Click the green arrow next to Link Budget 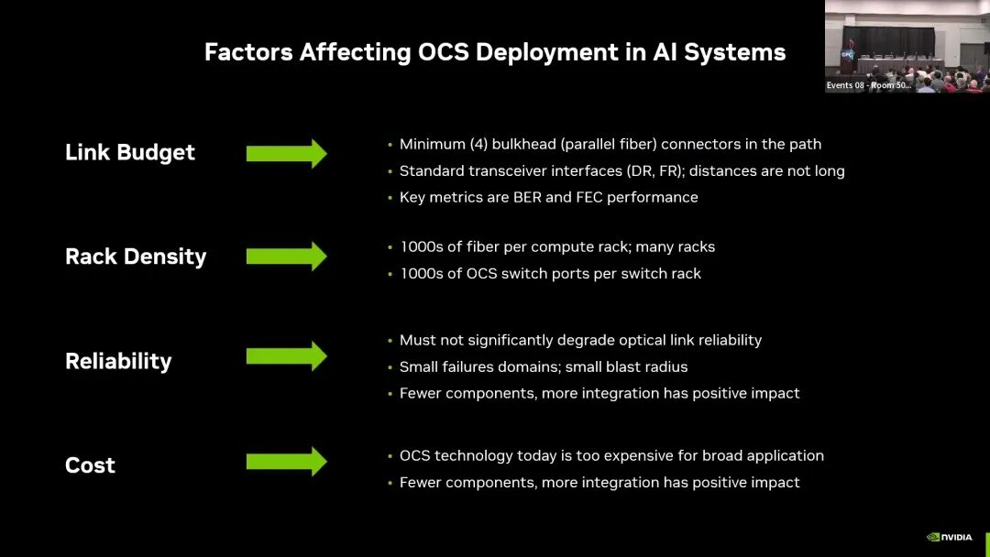[x=286, y=153]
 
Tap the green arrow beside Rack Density [x=286, y=257]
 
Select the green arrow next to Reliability [x=286, y=355]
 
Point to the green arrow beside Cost [x=286, y=461]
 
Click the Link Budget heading [x=129, y=152]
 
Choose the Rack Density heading [x=135, y=257]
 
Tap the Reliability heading [x=117, y=361]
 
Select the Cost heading [x=90, y=465]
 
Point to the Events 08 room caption [x=868, y=85]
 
